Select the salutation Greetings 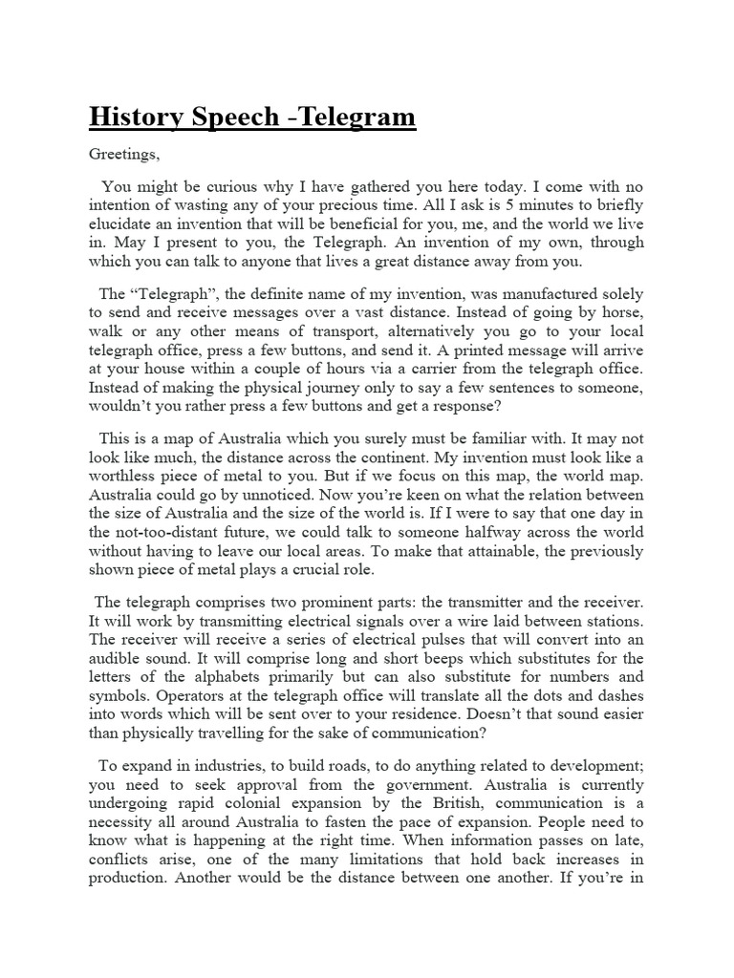point(125,153)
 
